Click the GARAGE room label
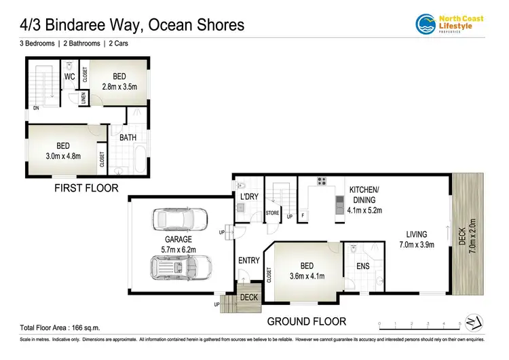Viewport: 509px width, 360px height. point(178,240)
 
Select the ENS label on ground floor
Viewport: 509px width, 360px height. point(363,266)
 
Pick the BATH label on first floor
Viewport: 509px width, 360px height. point(128,138)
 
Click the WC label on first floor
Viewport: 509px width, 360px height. point(69,77)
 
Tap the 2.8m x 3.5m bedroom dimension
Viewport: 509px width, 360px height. point(119,87)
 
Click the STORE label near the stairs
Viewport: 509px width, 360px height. point(272,213)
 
